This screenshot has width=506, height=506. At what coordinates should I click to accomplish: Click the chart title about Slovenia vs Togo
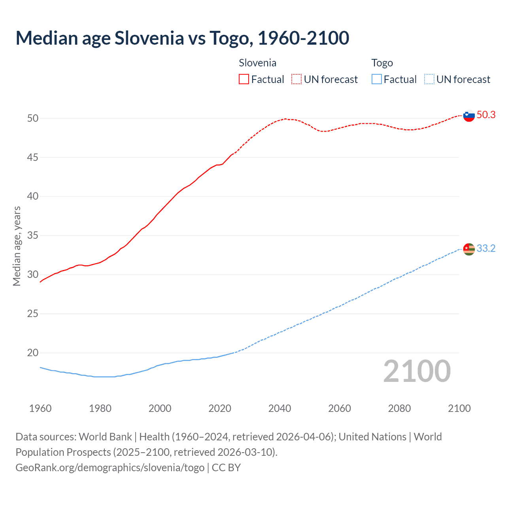[182, 38]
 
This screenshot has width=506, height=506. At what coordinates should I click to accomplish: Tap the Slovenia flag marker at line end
[468, 115]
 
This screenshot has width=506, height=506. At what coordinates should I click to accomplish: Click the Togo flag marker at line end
[468, 249]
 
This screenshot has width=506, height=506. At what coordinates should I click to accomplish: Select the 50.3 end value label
[486, 115]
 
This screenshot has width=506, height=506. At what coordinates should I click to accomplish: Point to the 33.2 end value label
[486, 249]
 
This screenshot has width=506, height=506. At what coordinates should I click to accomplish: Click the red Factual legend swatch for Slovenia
[244, 79]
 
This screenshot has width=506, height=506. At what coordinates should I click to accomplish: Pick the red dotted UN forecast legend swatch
[296, 79]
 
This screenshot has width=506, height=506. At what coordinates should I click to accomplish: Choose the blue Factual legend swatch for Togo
[377, 79]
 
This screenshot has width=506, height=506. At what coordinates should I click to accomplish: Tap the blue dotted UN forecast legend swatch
[429, 79]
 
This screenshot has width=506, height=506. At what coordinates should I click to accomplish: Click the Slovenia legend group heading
[257, 63]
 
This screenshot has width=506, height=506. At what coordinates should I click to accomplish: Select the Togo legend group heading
[382, 63]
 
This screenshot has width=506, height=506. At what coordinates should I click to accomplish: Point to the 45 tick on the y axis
[33, 157]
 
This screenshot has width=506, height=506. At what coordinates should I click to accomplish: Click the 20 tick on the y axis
[33, 353]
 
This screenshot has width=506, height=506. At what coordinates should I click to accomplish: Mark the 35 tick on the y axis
[33, 236]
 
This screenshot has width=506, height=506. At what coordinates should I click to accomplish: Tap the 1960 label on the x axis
[40, 408]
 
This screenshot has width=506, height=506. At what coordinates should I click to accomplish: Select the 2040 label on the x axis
[279, 408]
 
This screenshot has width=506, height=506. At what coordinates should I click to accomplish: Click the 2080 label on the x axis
[399, 408]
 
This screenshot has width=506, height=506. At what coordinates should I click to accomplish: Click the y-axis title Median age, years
[17, 246]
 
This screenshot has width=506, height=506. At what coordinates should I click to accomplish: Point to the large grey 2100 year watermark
[417, 371]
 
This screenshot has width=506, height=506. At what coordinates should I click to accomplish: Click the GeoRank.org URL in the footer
[110, 468]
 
